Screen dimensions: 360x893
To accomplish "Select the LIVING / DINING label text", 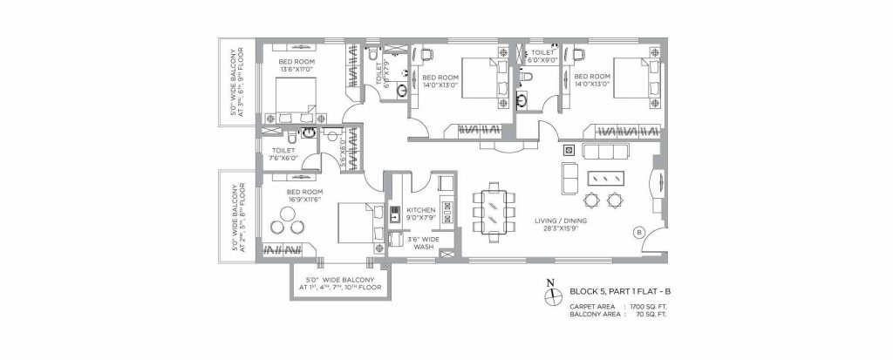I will tap(560, 221).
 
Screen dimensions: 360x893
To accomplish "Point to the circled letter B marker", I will tap(638, 232).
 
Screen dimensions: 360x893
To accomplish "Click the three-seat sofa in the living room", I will tap(605, 153).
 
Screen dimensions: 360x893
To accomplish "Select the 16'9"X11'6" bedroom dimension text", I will tap(300, 200).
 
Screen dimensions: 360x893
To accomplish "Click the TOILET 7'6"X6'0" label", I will tap(283, 154).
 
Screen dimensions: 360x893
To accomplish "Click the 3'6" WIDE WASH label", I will tap(424, 241).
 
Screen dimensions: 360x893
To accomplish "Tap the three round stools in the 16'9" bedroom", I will tap(285, 226).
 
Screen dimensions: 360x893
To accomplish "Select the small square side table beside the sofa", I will tap(568, 147).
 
